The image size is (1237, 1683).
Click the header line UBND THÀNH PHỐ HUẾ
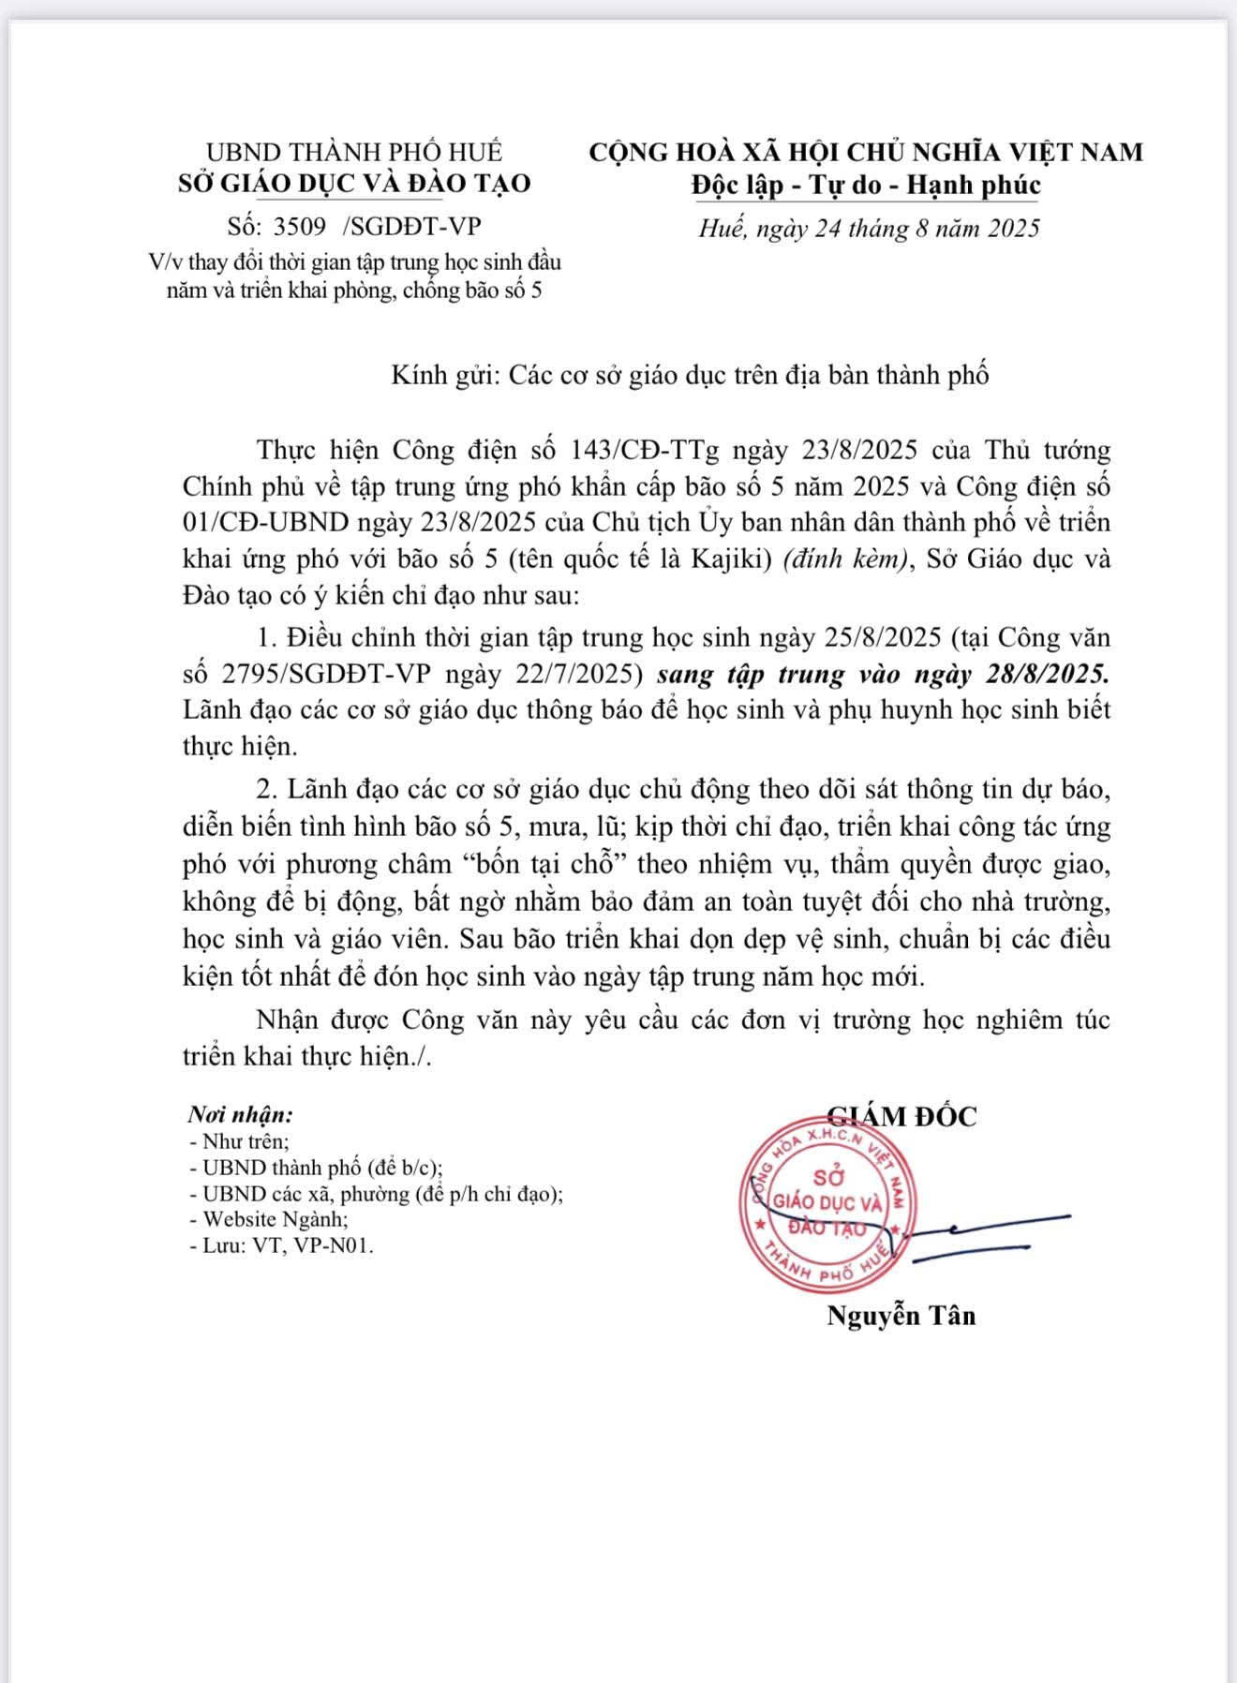[354, 151]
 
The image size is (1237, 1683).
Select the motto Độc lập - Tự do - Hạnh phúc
[866, 185]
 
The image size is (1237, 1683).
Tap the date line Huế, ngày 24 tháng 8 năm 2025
[869, 228]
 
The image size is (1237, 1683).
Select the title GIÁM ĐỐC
[902, 1116]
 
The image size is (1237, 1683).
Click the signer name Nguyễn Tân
[901, 1316]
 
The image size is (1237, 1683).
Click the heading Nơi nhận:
[240, 1115]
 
